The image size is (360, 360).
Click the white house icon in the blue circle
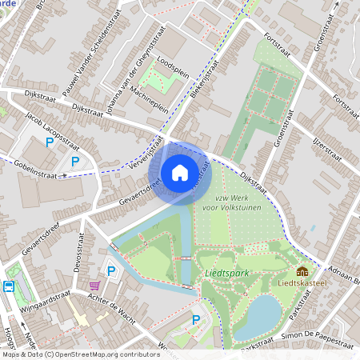point(180,171)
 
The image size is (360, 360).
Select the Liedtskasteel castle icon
point(302,272)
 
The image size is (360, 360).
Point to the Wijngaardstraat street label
point(39,305)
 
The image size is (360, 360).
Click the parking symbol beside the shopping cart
point(111,271)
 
